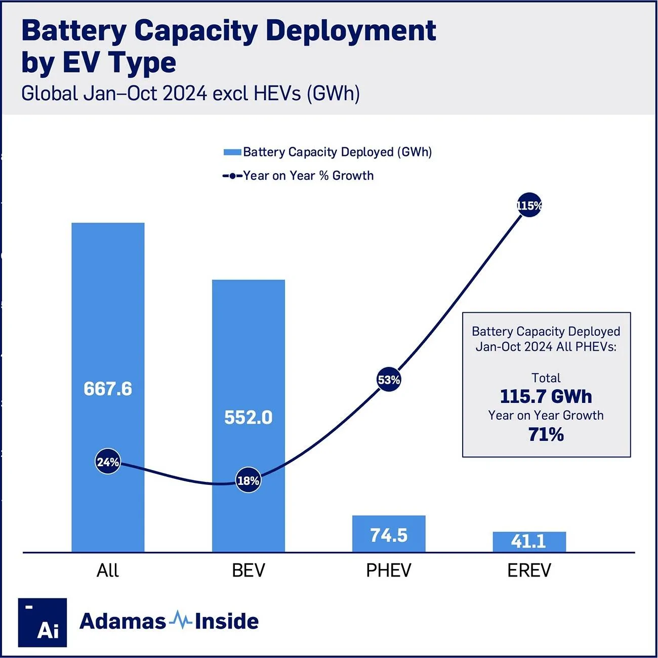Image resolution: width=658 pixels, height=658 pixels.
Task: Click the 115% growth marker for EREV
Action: pos(529,205)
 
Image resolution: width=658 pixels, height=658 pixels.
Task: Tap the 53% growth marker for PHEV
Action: pos(389,380)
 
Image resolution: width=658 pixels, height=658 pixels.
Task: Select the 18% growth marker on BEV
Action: pos(249,480)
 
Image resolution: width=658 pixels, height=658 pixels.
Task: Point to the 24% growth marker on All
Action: pos(108,462)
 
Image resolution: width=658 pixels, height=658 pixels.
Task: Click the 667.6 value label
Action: pos(108,389)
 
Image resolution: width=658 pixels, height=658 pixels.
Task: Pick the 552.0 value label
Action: pos(249,418)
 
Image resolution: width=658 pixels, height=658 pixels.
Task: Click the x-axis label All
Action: pos(108,570)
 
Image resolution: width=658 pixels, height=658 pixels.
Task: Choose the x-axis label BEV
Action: pos(249,570)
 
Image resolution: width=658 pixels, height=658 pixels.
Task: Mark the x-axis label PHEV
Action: pos(389,570)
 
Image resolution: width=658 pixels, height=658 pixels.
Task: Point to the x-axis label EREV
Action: pos(529,570)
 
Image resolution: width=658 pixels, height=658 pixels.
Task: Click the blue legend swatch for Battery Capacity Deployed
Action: pos(232,152)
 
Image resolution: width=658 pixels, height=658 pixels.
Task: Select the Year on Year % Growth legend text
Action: pos(308,176)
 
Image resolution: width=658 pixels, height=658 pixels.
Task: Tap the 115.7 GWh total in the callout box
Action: pos(546,396)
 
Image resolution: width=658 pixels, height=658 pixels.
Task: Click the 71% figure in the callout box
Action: pos(546,434)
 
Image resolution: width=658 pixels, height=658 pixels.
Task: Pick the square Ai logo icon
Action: pos(43,622)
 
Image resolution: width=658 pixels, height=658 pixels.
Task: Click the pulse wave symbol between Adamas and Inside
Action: pos(180,620)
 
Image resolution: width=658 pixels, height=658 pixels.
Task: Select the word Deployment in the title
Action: pos(350,30)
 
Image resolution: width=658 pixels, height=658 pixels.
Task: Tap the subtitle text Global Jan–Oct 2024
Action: pos(114,94)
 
